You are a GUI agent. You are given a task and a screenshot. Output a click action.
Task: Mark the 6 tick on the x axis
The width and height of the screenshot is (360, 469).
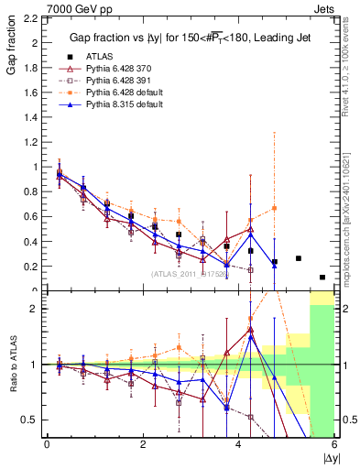click(335, 444)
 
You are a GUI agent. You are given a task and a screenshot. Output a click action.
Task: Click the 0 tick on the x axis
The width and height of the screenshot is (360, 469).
click(47, 444)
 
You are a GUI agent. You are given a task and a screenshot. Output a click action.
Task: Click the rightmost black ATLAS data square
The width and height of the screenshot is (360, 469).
click(322, 277)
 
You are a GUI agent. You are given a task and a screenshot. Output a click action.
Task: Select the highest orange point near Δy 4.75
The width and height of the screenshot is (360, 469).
click(274, 208)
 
